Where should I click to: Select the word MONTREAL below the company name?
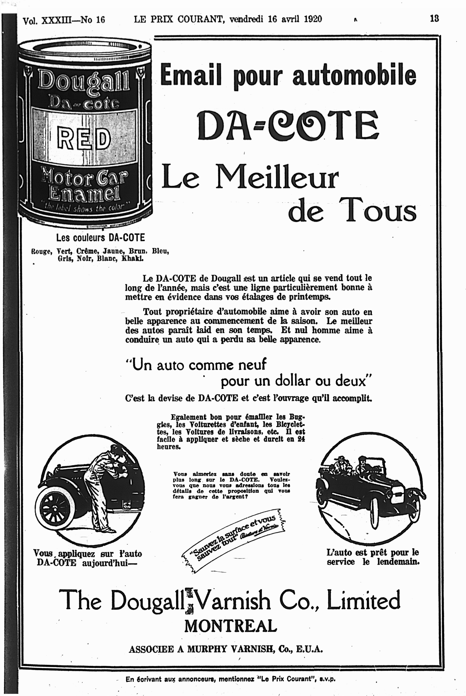[230, 626]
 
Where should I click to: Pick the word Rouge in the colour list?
[42, 251]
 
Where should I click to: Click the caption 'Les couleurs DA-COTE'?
[100, 238]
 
